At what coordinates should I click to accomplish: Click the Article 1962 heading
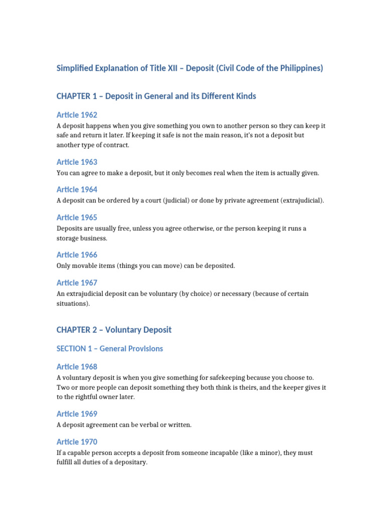pyautogui.click(x=77, y=115)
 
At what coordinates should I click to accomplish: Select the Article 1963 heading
pyautogui.click(x=77, y=162)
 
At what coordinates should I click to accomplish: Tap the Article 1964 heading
pyautogui.click(x=77, y=189)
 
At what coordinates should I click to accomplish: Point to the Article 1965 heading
pyautogui.click(x=77, y=217)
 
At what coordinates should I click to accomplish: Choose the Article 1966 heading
pyautogui.click(x=77, y=254)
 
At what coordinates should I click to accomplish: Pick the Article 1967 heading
pyautogui.click(x=77, y=283)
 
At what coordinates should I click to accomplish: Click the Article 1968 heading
pyautogui.click(x=77, y=367)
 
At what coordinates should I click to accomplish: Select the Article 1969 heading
pyautogui.click(x=77, y=414)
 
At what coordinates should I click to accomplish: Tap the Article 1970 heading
pyautogui.click(x=77, y=442)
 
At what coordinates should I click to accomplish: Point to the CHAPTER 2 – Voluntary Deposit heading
pyautogui.click(x=114, y=330)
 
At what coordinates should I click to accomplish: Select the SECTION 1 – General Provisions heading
pyautogui.click(x=110, y=349)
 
